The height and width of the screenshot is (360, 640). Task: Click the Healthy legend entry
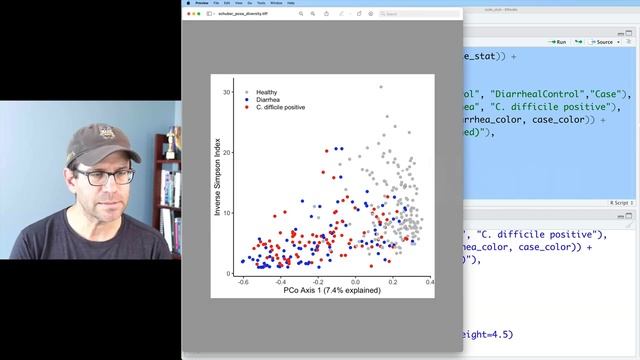[x=266, y=92]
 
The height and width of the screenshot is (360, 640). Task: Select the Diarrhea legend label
[x=267, y=99]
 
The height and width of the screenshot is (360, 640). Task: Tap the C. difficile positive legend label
[x=280, y=106]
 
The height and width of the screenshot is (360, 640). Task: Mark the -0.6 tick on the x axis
[x=243, y=283]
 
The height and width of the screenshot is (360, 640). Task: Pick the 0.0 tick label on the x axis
[x=355, y=283]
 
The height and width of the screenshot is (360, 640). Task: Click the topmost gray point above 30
[x=379, y=87]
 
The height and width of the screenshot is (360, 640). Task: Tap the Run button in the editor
[x=557, y=42]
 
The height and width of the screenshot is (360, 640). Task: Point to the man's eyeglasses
[x=104, y=176]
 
